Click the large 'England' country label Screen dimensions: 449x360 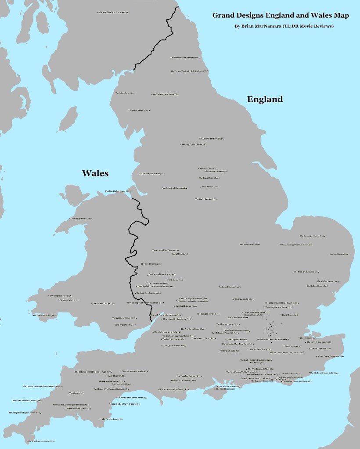(x=265, y=99)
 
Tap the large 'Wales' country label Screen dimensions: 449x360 (x=95, y=173)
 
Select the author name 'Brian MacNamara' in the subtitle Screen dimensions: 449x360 (x=261, y=26)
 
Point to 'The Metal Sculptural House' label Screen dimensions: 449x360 (x=113, y=12)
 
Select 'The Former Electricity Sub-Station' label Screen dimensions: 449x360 (x=188, y=71)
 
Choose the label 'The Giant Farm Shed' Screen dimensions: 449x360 (x=211, y=139)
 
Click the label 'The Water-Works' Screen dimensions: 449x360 (x=205, y=199)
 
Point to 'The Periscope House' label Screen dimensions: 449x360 (x=312, y=236)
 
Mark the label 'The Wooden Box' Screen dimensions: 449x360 (x=249, y=244)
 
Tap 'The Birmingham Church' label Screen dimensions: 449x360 (x=165, y=250)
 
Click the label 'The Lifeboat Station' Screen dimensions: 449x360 (x=44, y=316)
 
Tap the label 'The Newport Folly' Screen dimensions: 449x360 (x=124, y=325)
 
